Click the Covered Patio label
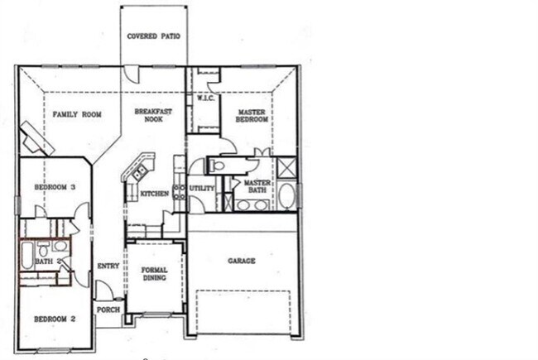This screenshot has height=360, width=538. [x=153, y=36]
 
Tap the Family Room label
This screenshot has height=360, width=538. [x=77, y=114]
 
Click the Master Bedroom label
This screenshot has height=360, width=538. [x=252, y=115]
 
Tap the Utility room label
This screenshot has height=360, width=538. [x=202, y=189]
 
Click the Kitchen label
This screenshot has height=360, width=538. [x=155, y=194]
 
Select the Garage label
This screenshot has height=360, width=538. [x=242, y=261]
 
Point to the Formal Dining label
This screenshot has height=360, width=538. [x=155, y=274]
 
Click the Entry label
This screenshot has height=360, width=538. [x=108, y=266]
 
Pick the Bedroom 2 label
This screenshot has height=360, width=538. [x=55, y=319]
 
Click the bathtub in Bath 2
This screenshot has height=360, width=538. [x=27, y=255]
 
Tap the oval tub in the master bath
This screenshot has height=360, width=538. [x=286, y=196]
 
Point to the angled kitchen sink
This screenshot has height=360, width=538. [x=138, y=172]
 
